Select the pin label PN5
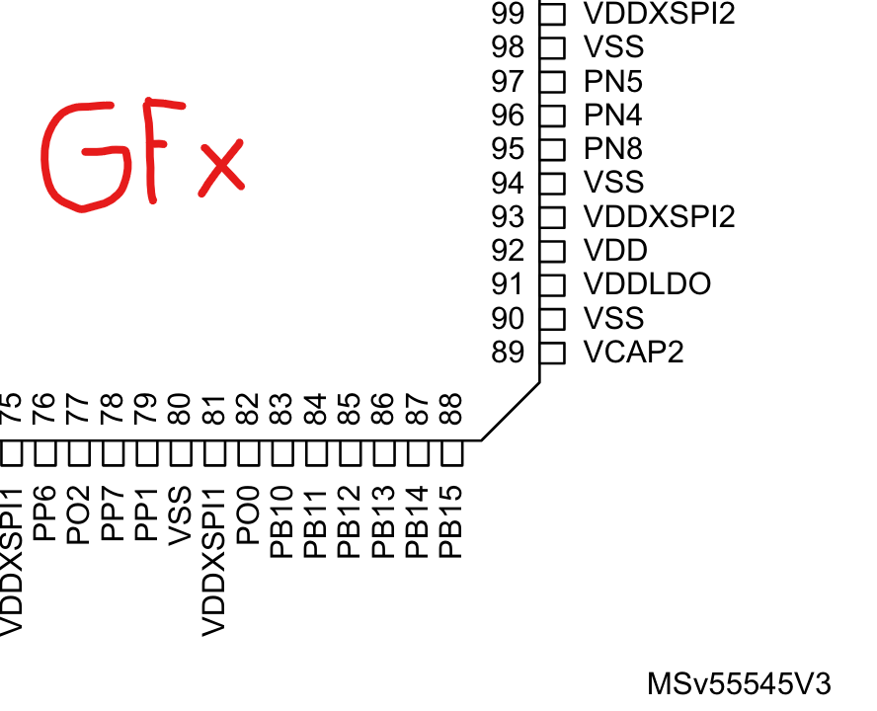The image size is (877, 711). point(613,81)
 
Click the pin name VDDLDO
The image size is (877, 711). point(647,284)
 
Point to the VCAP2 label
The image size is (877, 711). point(633,352)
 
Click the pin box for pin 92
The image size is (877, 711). point(552,251)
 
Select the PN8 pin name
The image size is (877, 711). point(613,149)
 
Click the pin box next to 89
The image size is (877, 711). point(552,352)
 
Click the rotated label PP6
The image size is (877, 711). point(44,513)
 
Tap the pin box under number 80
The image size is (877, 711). point(180,453)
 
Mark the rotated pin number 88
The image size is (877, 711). point(450,409)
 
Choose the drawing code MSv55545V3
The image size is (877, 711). point(739,683)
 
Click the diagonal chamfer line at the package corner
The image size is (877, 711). point(511,412)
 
